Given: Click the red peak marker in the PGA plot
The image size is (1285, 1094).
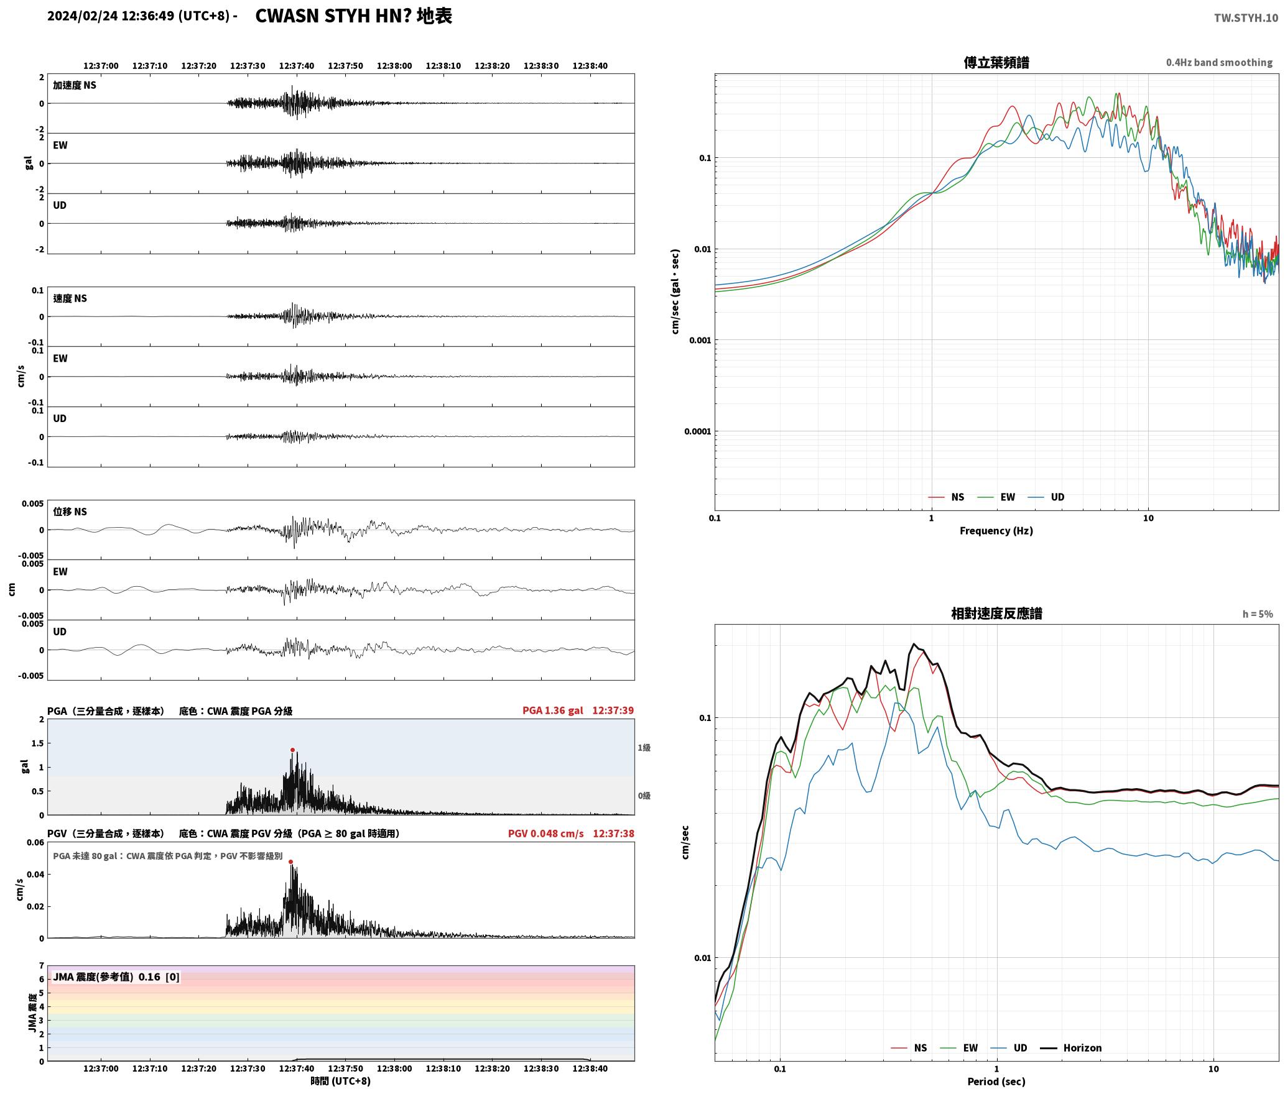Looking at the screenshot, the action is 292,750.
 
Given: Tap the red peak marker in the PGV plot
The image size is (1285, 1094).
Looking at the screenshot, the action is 290,862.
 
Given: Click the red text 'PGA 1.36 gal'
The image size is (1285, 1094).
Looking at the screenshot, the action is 553,710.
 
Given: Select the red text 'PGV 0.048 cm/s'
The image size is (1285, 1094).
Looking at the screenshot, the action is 546,834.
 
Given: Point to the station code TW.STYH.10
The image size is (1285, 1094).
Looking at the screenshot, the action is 1246,17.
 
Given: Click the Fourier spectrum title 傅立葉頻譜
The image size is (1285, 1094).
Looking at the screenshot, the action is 996,62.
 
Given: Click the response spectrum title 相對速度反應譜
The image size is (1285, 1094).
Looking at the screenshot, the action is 996,614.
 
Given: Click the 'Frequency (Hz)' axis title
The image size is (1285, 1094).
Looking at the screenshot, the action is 996,531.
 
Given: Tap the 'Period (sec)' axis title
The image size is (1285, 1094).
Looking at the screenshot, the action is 996,1082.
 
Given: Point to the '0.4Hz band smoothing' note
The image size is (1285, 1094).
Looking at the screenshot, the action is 1219,63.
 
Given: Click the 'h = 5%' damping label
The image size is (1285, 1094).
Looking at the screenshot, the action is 1258,614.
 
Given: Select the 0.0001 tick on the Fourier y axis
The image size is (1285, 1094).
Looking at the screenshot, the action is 697,431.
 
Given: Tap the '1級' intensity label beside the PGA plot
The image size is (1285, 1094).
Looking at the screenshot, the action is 644,748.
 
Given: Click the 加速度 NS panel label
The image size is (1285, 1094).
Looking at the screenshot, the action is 75,85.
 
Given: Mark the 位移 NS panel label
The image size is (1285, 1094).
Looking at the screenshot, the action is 70,512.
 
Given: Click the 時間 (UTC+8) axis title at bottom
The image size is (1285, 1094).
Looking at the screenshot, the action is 341,1081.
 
